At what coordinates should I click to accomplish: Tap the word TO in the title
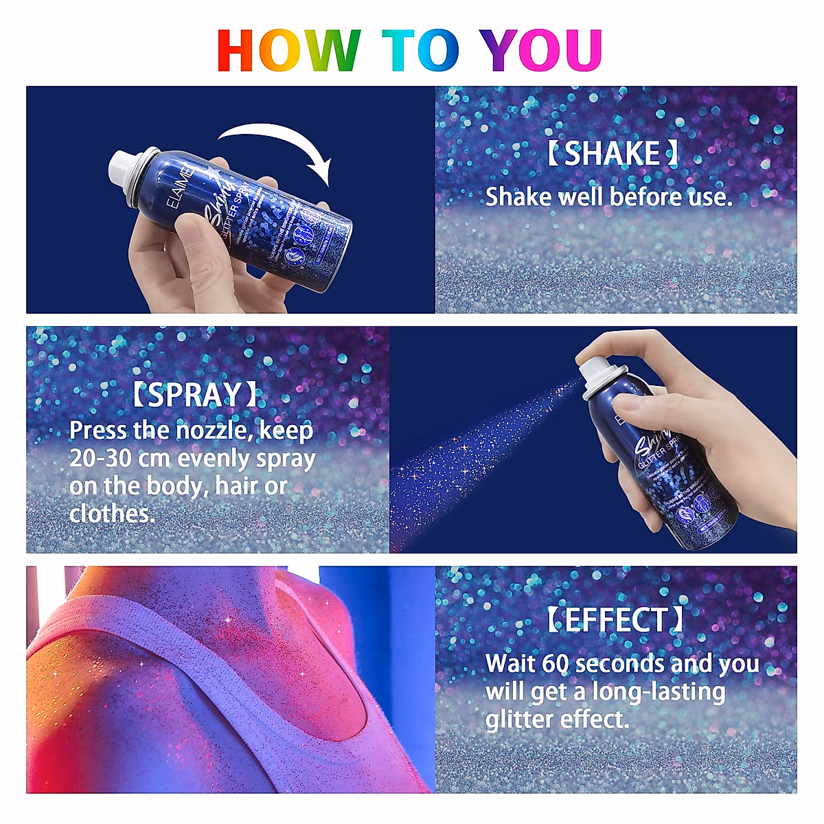point(420,50)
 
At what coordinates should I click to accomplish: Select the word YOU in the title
point(541,50)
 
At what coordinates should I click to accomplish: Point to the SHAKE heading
point(613,153)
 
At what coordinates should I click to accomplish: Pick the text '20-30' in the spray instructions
point(100,458)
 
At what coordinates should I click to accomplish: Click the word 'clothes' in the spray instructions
point(111,514)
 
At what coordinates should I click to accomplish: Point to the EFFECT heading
point(615,620)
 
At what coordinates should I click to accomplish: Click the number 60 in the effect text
point(555,664)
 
